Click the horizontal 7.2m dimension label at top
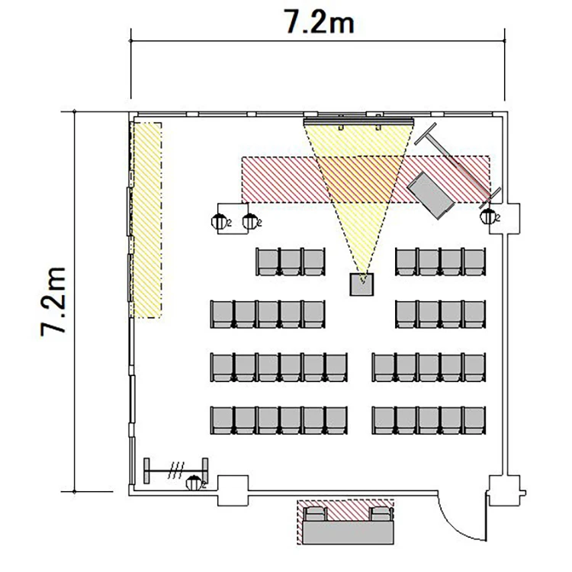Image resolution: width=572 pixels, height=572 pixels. [x=319, y=22]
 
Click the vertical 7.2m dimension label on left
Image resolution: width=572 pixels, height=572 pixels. [x=53, y=301]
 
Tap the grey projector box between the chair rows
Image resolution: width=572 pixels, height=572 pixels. [x=362, y=284]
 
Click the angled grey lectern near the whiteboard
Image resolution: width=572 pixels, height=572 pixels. [x=431, y=194]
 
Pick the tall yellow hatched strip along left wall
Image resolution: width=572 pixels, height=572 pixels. [x=146, y=220]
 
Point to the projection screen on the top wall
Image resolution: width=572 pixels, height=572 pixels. [x=358, y=121]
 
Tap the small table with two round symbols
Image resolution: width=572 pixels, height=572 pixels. [x=233, y=219]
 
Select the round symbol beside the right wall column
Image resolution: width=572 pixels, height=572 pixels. [x=488, y=217]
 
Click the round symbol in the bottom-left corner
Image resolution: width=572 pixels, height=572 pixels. [x=194, y=484]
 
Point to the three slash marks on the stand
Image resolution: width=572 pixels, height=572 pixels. [x=176, y=471]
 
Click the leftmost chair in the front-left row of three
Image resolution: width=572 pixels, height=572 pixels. [x=268, y=262]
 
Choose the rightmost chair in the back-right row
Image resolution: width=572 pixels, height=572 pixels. [x=474, y=420]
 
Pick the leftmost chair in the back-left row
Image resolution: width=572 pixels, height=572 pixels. [x=222, y=420]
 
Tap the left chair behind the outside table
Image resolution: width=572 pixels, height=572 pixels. [x=315, y=513]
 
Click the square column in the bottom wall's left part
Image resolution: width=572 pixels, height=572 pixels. [x=233, y=490]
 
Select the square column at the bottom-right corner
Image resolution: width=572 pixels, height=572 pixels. [x=505, y=490]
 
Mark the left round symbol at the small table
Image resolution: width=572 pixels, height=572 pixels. [x=219, y=221]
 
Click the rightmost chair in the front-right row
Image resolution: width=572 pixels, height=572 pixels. [x=474, y=262]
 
